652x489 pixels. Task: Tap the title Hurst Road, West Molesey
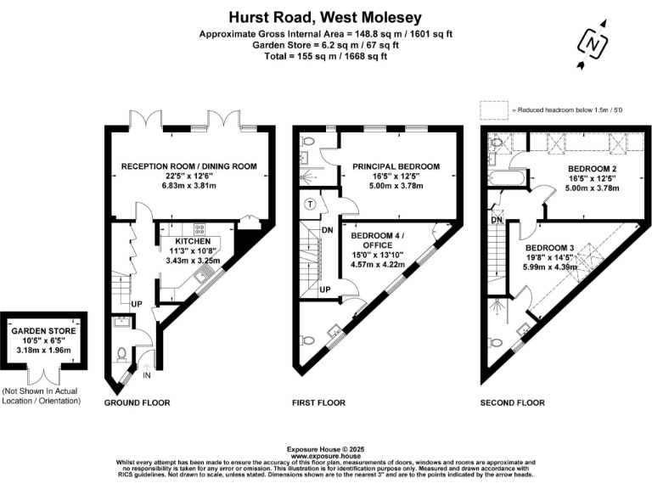coord(326,16)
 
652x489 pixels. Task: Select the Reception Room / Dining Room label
coord(188,166)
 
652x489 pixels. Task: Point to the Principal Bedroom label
coord(396,166)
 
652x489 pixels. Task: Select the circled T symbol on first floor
coord(311,204)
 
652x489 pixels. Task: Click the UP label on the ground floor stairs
coord(135,302)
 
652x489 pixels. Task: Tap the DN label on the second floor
coord(497,221)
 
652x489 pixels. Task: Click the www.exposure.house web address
coord(326,456)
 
